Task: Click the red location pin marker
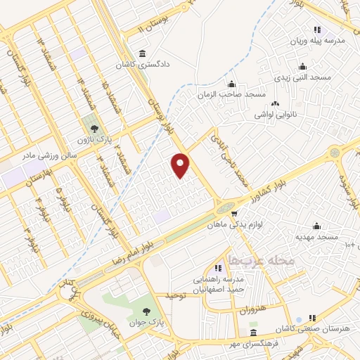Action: [181, 165]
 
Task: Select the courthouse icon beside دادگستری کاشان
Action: [143, 54]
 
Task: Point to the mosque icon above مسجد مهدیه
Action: [316, 226]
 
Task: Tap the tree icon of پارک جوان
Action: [146, 310]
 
